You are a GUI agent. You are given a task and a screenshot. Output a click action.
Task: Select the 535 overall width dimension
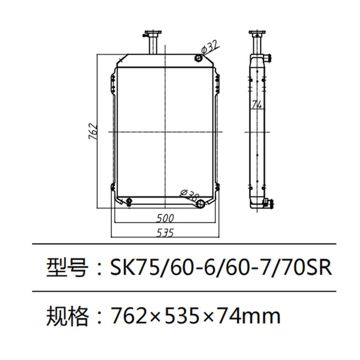165,232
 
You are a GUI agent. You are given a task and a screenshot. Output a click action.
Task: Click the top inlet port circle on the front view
198,57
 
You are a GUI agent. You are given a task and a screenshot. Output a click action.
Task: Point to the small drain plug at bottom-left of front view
129,200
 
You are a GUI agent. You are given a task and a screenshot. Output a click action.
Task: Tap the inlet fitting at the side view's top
269,57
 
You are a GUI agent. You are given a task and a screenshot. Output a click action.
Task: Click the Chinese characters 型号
67,267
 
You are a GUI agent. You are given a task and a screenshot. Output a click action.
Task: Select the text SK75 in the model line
130,267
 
